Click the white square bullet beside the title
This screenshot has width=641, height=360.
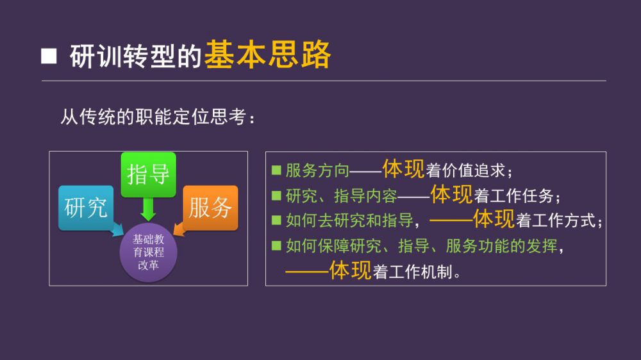pos(49,56)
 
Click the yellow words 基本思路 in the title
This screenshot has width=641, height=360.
pos(267,54)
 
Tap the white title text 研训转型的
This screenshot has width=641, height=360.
pos(136,56)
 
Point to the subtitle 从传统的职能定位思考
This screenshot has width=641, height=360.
pos(158,117)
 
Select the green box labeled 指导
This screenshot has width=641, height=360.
pos(149,175)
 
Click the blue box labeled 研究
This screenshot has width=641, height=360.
pos(86,208)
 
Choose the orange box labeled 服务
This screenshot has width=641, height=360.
pos(210,208)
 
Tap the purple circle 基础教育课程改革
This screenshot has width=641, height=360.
pos(149,252)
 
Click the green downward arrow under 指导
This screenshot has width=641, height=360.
pos(148,209)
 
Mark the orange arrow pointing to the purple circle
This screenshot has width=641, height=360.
pos(180,229)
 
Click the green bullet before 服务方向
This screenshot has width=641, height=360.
pos(276,170)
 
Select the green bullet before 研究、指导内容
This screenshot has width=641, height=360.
pos(276,196)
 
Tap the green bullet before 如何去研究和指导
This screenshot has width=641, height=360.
pos(276,220)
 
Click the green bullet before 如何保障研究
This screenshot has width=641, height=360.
pos(276,245)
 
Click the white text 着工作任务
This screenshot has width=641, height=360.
pos(517,196)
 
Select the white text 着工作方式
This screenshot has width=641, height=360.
pos(559,221)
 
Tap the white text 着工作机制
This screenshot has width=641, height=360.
pos(416,272)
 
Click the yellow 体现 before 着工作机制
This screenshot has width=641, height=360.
pos(351,270)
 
